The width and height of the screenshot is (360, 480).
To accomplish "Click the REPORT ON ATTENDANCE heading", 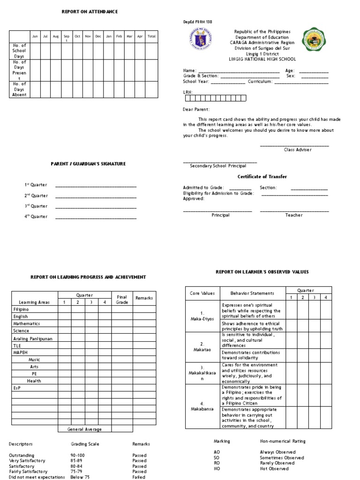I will [90, 11].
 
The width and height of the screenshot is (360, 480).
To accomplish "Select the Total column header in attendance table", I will [151, 36].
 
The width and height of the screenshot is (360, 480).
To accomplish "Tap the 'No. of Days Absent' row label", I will [19, 89].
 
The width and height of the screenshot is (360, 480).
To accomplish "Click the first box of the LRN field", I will [187, 98].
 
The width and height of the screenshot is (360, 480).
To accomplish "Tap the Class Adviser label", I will [297, 150].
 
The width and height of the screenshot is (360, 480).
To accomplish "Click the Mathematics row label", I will [27, 323].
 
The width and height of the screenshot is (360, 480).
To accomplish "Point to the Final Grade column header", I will [122, 300].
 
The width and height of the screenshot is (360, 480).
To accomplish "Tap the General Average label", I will [84, 429].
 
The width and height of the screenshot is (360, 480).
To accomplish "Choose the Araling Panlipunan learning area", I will [33, 337].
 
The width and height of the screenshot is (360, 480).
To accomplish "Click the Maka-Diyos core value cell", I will [202, 315].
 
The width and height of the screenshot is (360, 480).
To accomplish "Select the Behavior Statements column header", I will [252, 293].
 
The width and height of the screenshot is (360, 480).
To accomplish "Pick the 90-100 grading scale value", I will [78, 455].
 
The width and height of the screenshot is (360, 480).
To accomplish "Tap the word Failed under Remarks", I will [139, 477].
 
